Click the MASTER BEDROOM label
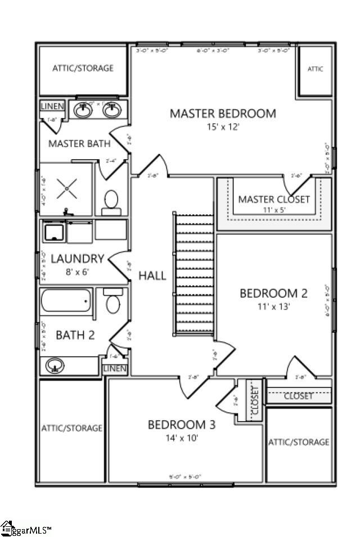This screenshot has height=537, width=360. click(x=223, y=114)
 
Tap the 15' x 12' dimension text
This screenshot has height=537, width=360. click(x=223, y=127)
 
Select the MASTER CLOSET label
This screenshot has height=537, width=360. click(x=273, y=199)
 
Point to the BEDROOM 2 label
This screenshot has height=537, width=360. click(x=273, y=293)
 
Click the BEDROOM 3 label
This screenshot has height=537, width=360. click(x=181, y=424)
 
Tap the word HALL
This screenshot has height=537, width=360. click(x=152, y=276)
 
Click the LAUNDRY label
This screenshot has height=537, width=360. click(x=78, y=259)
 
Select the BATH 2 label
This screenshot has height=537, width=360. click(x=75, y=335)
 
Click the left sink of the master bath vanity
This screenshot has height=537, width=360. click(x=84, y=111)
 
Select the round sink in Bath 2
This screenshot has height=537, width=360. click(x=55, y=365)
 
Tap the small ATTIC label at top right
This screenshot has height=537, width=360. click(x=315, y=69)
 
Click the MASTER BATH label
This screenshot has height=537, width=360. click(x=79, y=143)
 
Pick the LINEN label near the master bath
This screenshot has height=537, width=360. click(x=52, y=106)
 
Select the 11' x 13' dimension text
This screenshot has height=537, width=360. click(x=273, y=306)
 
